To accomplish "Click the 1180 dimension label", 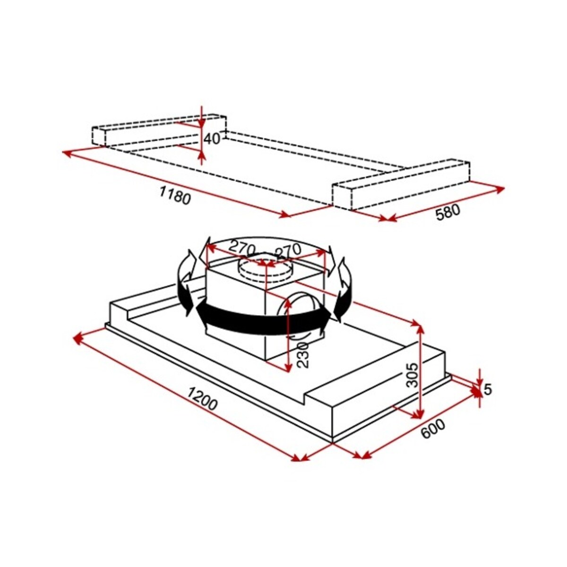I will coord(175,195).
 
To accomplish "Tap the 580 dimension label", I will coord(447,213).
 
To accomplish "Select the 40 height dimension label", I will coord(212,139).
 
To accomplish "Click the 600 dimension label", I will coord(432,429).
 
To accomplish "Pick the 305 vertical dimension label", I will coord(412,375).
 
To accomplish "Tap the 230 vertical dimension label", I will coord(303,354).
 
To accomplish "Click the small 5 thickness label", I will coord(488,389).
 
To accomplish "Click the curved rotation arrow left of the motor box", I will coord(186,283).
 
